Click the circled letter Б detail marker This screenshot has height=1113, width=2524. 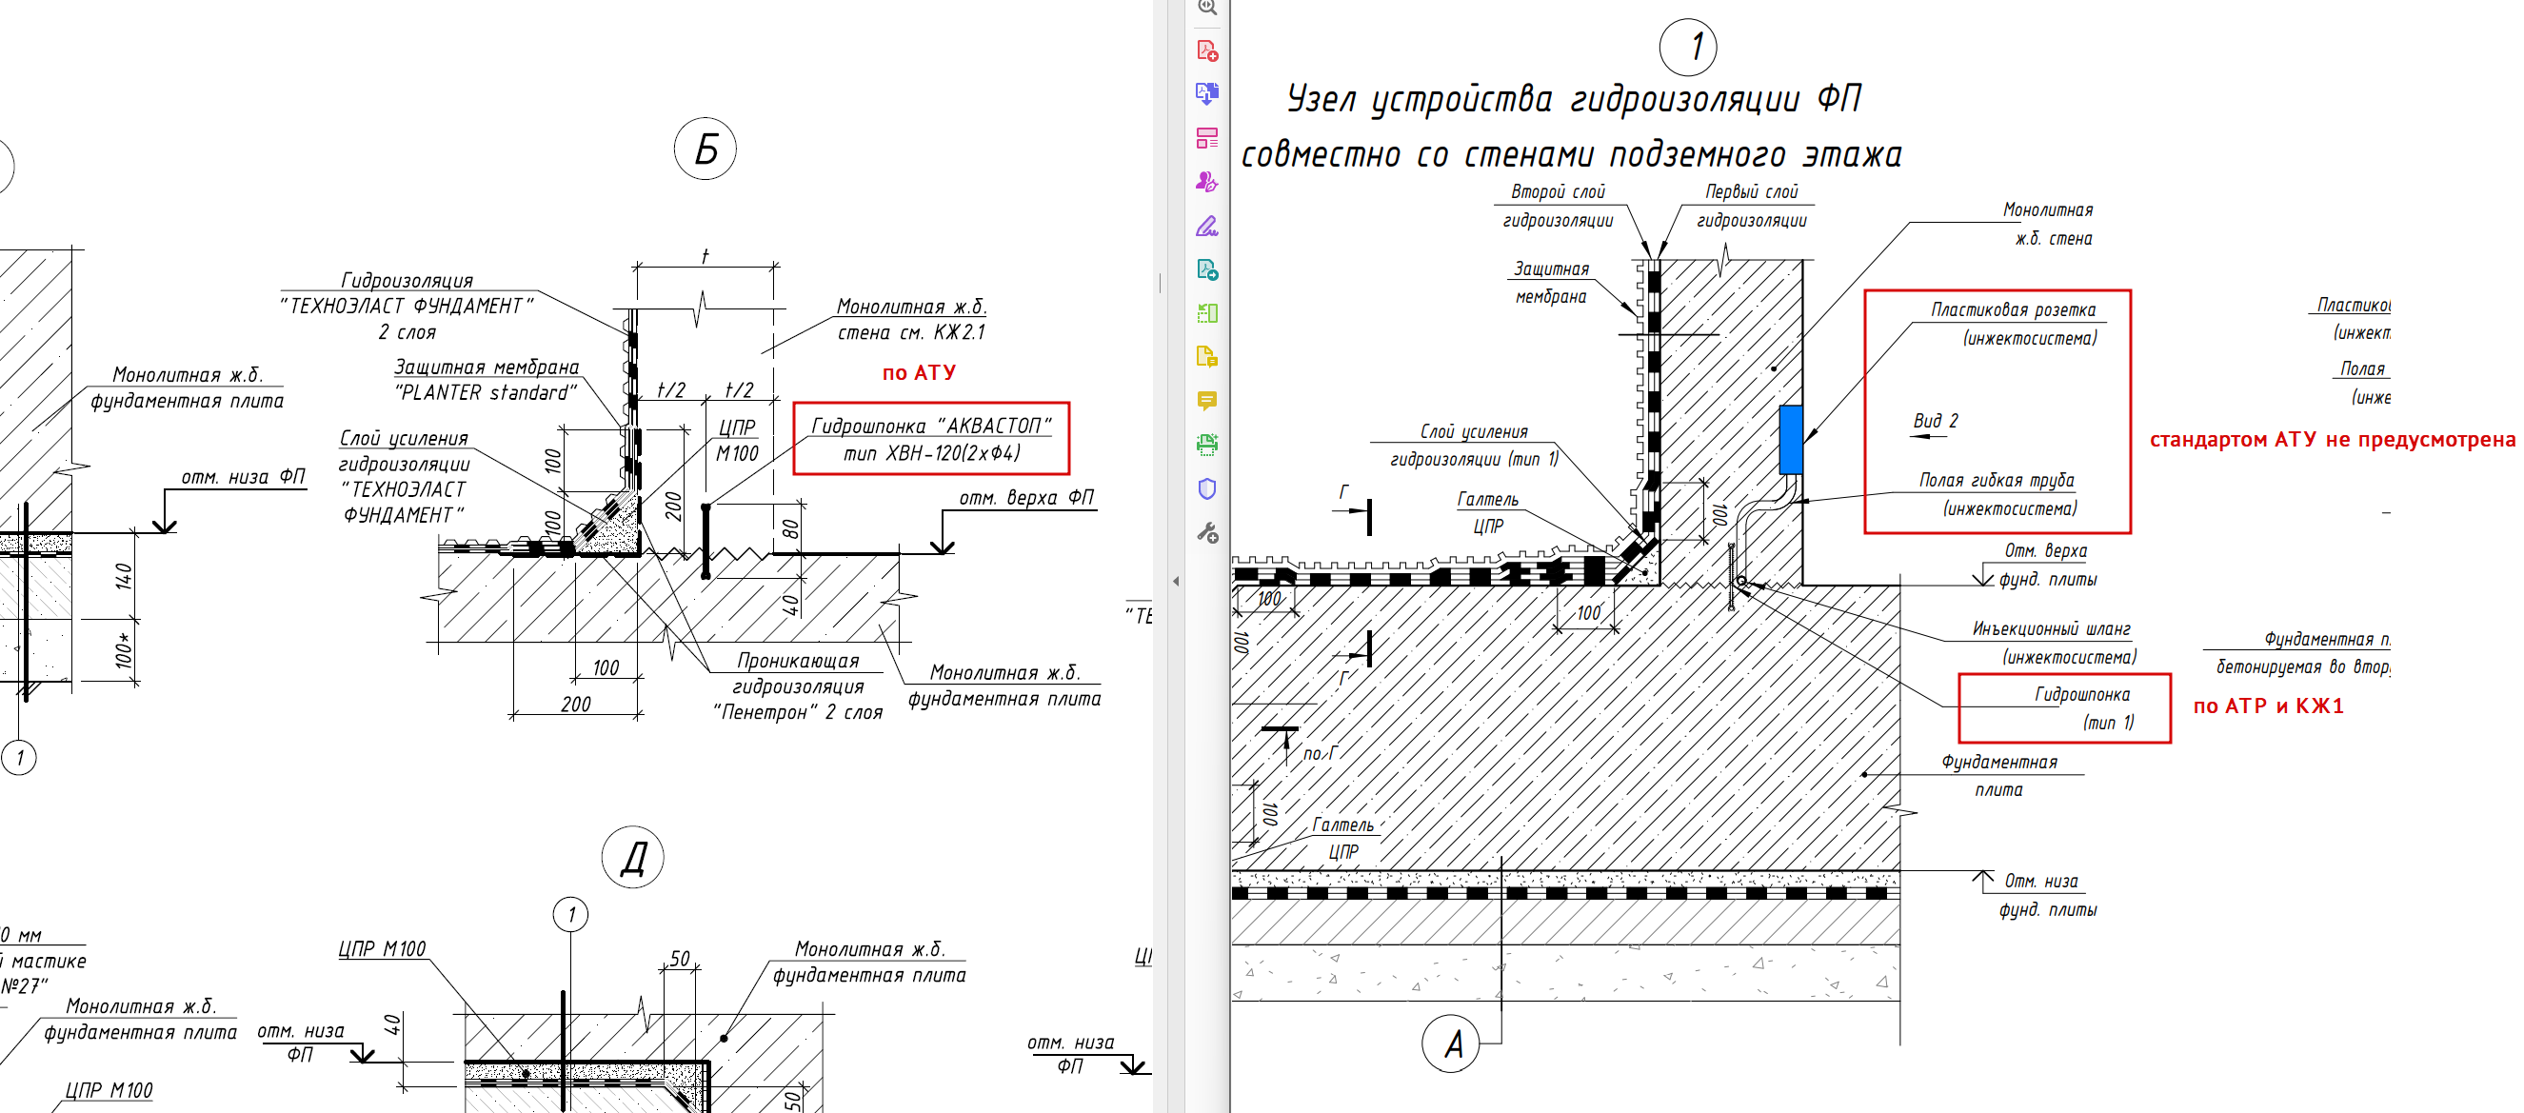tap(706, 149)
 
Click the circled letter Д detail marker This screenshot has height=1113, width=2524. tap(633, 857)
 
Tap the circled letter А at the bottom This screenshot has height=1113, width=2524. tap(1451, 1043)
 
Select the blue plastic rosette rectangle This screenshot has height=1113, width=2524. tap(1789, 439)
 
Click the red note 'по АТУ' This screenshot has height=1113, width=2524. tap(918, 372)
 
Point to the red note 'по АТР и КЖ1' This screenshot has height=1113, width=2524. tap(2267, 706)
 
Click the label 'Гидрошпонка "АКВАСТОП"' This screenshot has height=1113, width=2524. tap(930, 427)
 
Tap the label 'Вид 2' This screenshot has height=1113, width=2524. tap(1936, 421)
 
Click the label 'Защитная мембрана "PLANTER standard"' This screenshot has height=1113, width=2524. tap(486, 380)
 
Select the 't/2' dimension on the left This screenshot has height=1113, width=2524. tap(671, 390)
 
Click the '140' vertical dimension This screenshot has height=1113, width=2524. tap(125, 576)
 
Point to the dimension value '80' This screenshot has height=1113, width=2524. tap(790, 529)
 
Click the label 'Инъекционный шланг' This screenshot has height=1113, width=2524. tap(2052, 629)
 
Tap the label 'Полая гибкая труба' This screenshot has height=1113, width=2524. tap(1996, 480)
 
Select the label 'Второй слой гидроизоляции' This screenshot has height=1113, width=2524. tap(1557, 206)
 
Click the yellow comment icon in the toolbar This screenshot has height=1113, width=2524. tap(1207, 401)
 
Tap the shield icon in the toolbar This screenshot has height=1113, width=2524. tap(1207, 488)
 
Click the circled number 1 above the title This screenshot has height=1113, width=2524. tap(1687, 47)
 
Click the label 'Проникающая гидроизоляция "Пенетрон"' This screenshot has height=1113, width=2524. tap(798, 686)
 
